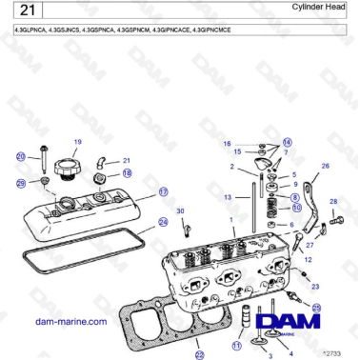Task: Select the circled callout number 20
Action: coord(20,156)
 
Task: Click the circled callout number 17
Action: coord(163,191)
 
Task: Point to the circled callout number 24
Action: coord(163,223)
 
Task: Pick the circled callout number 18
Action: coord(127,174)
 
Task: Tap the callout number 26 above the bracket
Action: coord(325,167)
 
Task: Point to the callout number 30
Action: coord(181,210)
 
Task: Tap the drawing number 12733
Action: coord(334,353)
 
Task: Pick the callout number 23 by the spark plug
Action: coord(316,285)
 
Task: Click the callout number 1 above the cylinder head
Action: coord(231,218)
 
